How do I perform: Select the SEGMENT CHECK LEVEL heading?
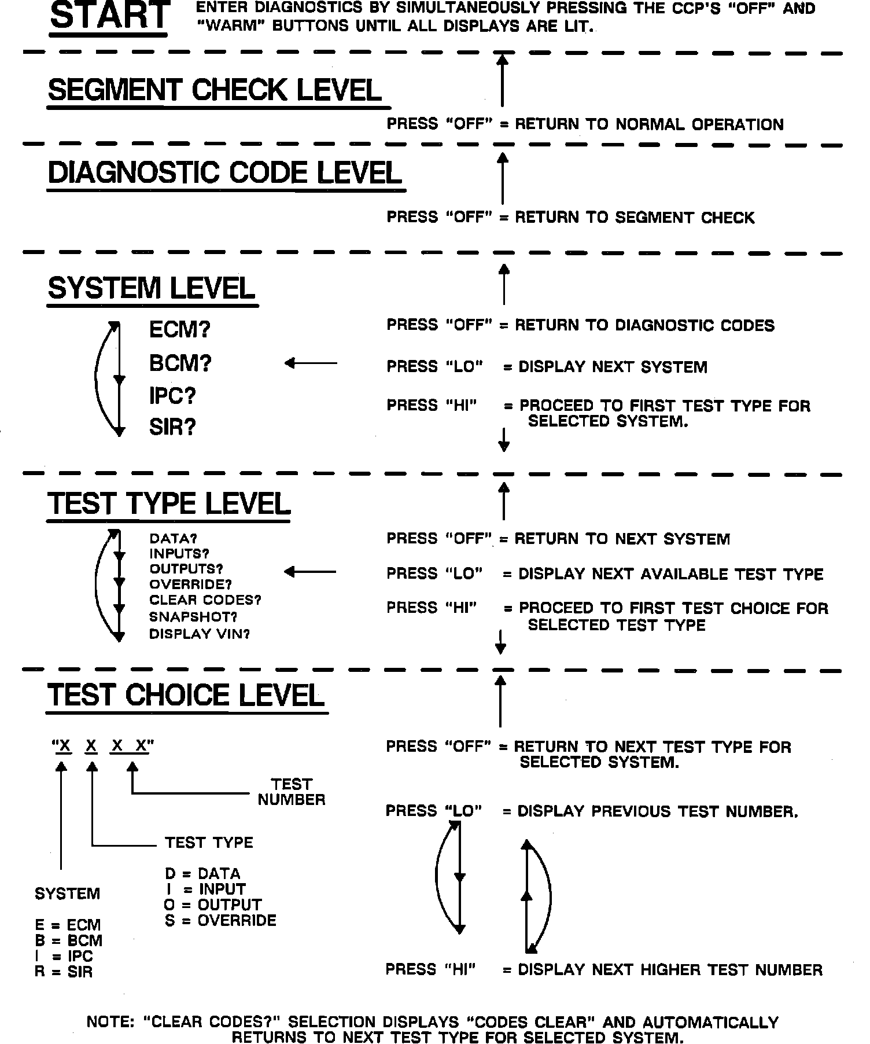click(x=215, y=90)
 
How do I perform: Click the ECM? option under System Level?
click(x=180, y=330)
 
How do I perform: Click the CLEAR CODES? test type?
click(x=205, y=600)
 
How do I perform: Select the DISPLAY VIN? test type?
click(x=200, y=634)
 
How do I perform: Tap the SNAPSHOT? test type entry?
click(x=193, y=617)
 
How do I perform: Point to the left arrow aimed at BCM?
click(x=311, y=363)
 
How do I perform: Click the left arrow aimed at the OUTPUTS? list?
click(x=310, y=572)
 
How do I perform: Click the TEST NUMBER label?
click(x=292, y=792)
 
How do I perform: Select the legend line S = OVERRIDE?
click(x=220, y=920)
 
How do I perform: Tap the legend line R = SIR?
click(x=64, y=972)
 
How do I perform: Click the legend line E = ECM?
click(x=68, y=925)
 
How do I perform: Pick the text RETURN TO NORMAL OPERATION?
click(x=649, y=124)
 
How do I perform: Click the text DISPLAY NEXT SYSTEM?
click(x=613, y=367)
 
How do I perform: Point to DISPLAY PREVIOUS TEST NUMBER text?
click(x=658, y=811)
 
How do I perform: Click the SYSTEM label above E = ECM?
click(x=67, y=894)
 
